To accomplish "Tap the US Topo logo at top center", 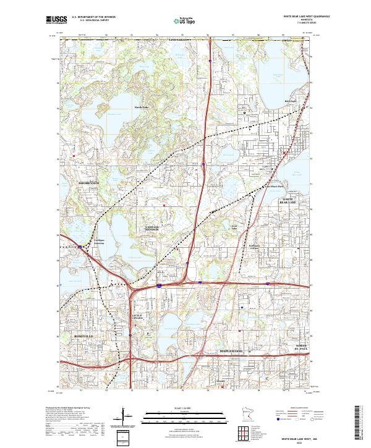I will coord(186,20).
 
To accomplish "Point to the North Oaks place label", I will coord(142,107).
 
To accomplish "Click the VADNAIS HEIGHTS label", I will coord(151,229).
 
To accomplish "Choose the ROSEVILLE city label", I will coord(83,336).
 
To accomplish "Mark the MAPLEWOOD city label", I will coord(232,351).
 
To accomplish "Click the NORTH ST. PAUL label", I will coord(301,346).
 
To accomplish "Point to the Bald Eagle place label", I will coord(290,101).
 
